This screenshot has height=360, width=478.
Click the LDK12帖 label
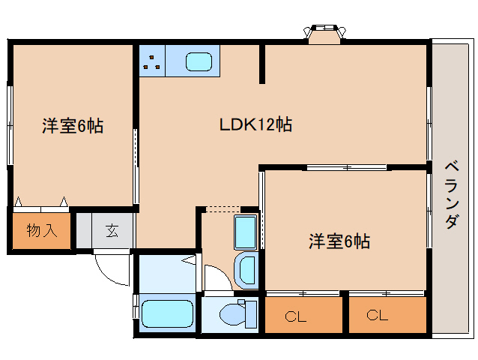[x=255, y=124]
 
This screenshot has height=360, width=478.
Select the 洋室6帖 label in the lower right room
[x=339, y=241]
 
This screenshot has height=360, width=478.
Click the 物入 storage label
[x=42, y=230]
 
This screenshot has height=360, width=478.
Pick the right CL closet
[x=378, y=315]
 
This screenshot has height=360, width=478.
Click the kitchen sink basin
[x=199, y=61]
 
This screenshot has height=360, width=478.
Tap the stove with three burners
[x=153, y=61]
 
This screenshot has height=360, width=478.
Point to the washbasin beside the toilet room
[x=244, y=270]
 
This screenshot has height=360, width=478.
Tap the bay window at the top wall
[x=324, y=33]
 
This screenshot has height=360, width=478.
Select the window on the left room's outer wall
[x=10, y=124]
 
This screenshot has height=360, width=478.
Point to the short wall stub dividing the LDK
[x=261, y=63]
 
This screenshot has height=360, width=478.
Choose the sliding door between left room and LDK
[x=136, y=165]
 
